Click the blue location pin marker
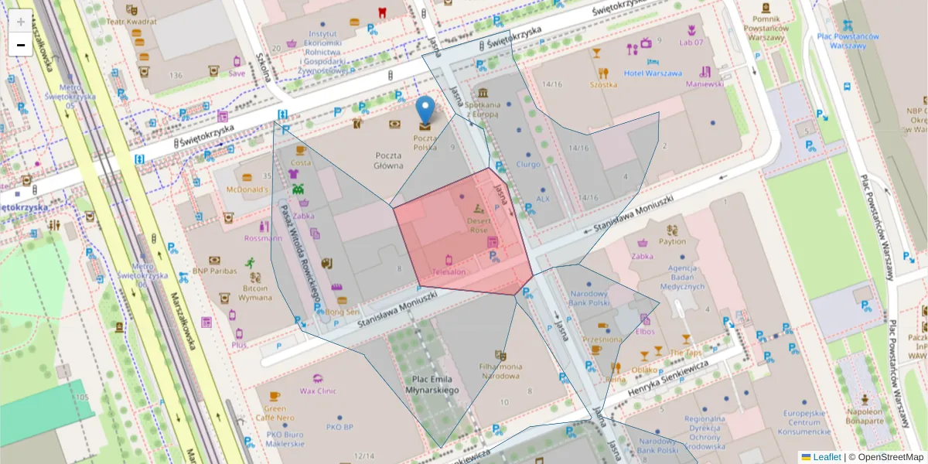point(425,112)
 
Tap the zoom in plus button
point(21,21)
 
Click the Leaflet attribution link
point(826,457)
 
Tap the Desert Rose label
point(478,225)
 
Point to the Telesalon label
point(449,272)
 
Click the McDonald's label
point(247,189)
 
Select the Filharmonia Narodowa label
point(500,371)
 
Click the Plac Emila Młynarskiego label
point(434,385)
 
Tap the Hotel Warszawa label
point(653,73)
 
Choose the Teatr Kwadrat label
point(131,22)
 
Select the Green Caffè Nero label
point(275,413)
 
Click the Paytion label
point(672,241)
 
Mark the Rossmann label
point(263,238)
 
